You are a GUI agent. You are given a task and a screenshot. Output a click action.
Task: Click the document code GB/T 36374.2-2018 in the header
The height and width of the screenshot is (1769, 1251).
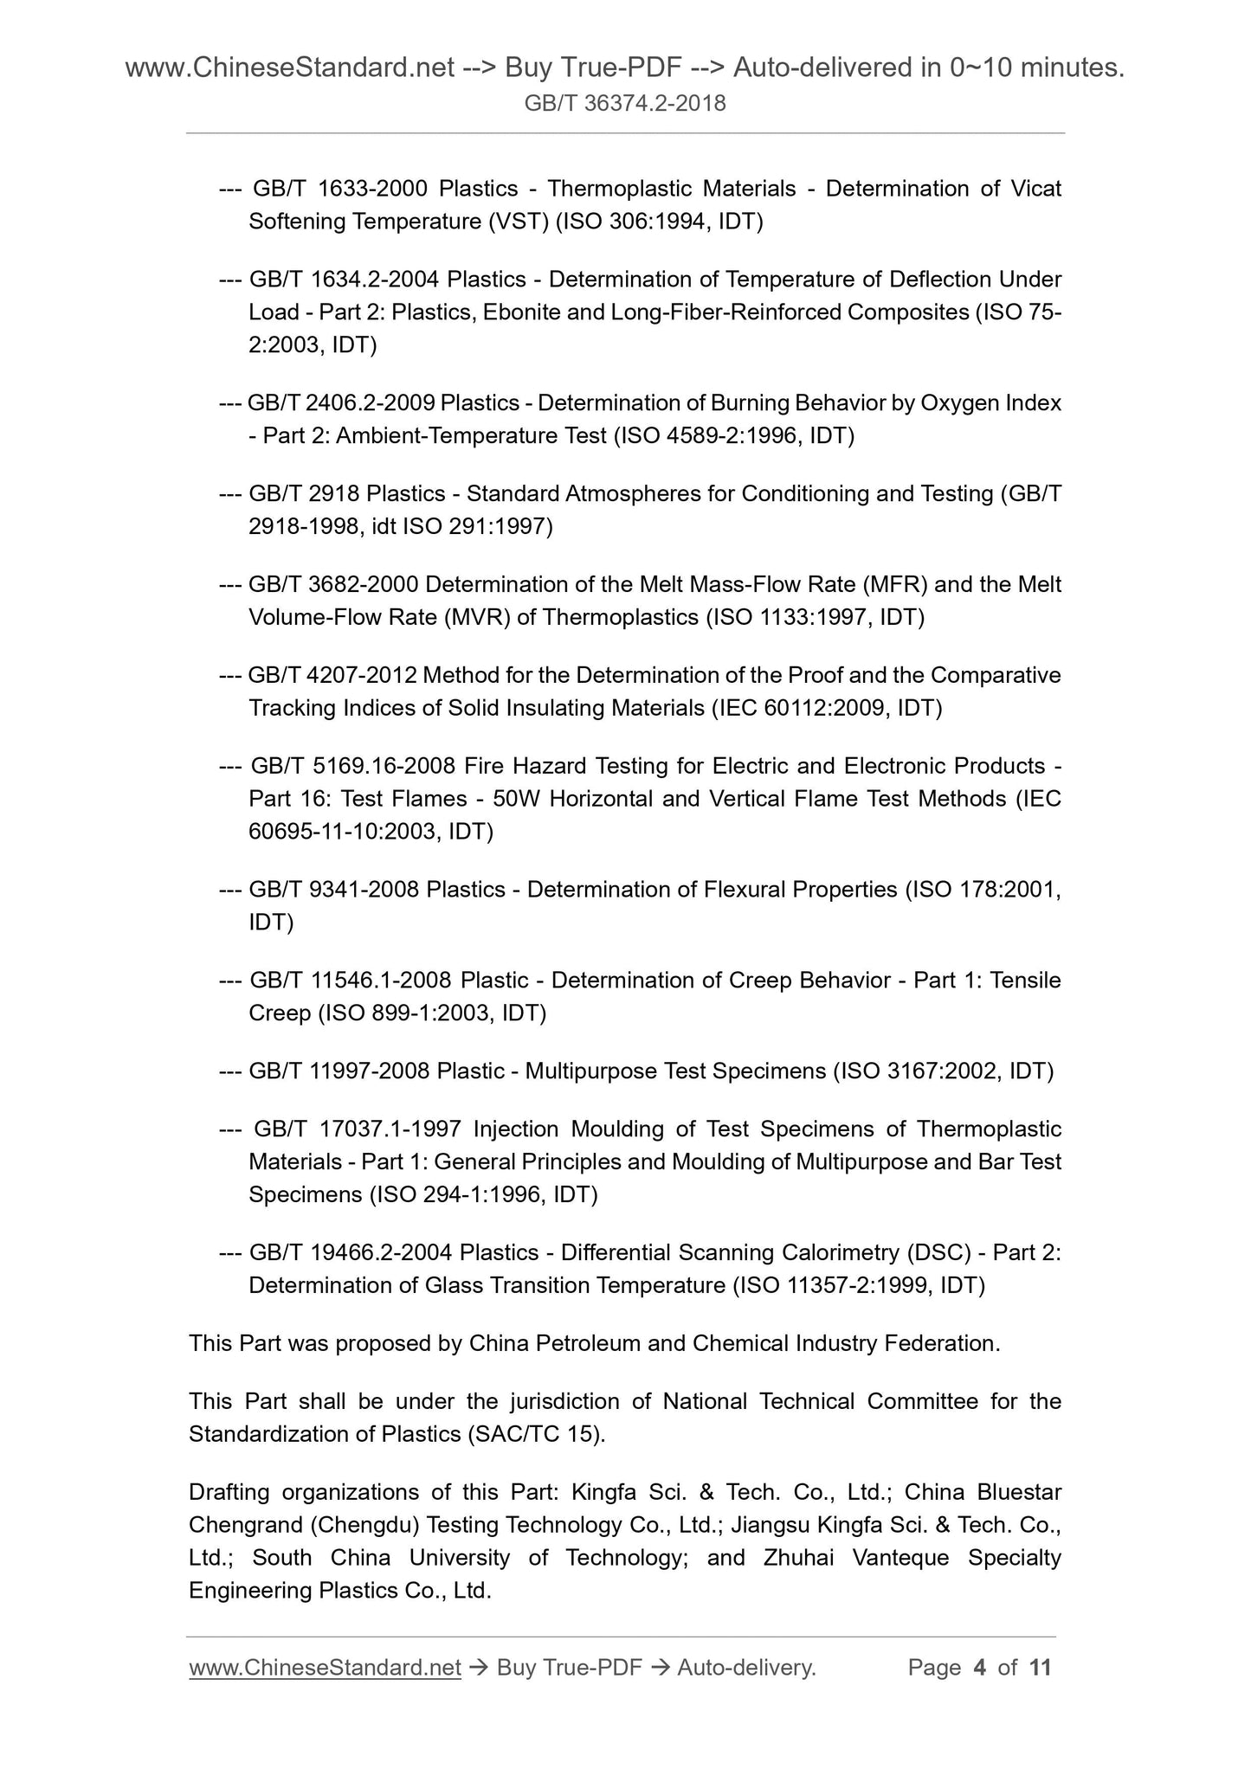pos(625,104)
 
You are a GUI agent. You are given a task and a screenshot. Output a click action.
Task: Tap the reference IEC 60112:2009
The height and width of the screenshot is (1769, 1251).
pos(800,708)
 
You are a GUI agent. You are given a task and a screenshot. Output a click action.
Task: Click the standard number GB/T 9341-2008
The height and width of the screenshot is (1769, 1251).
pos(333,889)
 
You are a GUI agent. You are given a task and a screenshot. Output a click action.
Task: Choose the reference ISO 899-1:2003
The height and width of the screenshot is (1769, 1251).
pos(403,1013)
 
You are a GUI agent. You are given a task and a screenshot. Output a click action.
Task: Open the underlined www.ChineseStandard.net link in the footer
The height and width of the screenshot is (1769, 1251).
pos(325,1668)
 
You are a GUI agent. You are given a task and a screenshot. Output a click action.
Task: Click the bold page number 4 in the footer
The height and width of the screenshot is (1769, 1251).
pos(980,1668)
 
